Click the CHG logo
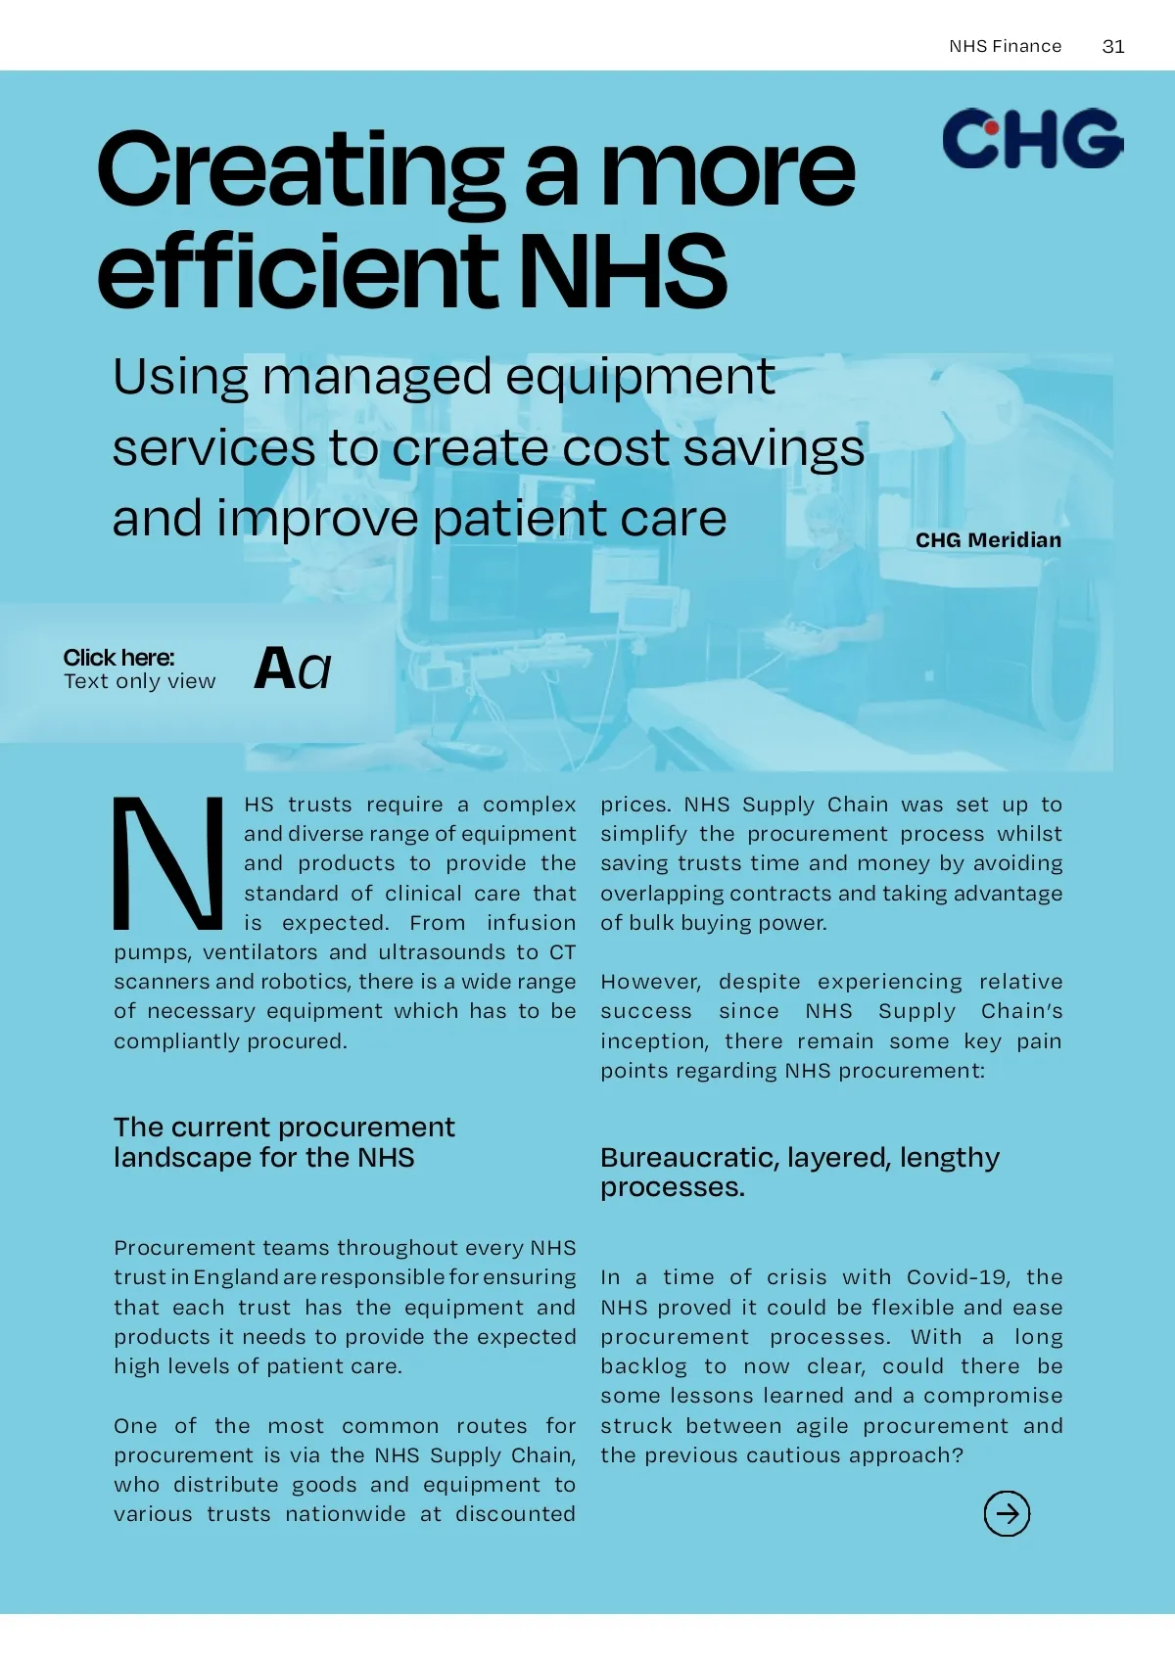click(x=1032, y=138)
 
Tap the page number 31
click(x=1113, y=46)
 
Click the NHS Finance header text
click(x=1005, y=46)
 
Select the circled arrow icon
click(x=1007, y=1513)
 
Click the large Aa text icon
click(x=292, y=669)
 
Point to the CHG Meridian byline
click(x=988, y=540)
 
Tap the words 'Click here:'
click(x=118, y=658)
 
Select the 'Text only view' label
click(x=139, y=682)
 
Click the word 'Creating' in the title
click(x=301, y=170)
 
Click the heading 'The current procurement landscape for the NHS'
click(x=284, y=1142)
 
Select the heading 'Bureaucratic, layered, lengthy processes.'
click(x=799, y=1172)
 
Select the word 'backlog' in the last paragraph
click(x=644, y=1366)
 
